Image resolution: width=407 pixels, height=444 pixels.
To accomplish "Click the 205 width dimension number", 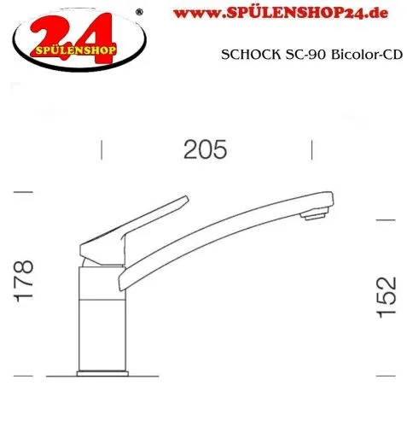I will [x=206, y=150].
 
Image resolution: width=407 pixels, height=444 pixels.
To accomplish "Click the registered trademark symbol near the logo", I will [x=141, y=11].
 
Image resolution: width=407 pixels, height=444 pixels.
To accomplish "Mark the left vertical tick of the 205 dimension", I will [x=102, y=150].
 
